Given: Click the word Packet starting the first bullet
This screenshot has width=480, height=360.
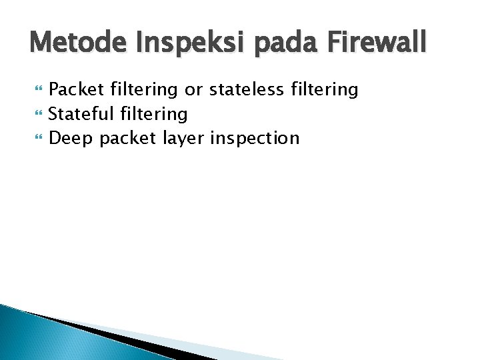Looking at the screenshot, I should tap(79, 89).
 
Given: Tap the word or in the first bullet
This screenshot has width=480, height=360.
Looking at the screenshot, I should tap(194, 90).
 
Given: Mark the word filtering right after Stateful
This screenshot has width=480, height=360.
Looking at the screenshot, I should tap(154, 114).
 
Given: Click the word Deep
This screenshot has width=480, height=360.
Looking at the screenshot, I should tap(71, 139).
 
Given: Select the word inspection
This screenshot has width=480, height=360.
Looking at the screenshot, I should tap(255, 139).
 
